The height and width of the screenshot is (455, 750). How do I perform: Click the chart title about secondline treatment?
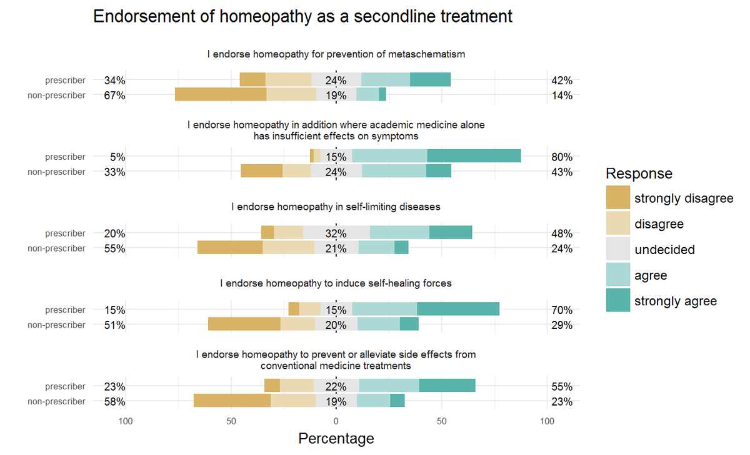302,17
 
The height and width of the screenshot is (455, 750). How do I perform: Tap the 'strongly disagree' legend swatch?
618,198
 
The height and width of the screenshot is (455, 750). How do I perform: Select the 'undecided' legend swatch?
618,250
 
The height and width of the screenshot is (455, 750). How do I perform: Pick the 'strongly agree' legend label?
675,301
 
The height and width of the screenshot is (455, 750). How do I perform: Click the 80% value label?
561,157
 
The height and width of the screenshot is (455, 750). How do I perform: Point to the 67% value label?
114,95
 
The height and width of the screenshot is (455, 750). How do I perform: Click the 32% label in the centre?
336,234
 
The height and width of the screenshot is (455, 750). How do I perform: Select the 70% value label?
561,310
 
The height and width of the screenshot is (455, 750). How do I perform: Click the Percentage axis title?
336,439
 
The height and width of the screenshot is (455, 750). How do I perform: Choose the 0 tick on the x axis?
336,421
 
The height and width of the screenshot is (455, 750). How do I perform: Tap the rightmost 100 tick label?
547,421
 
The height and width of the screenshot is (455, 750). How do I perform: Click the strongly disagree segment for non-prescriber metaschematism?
221,95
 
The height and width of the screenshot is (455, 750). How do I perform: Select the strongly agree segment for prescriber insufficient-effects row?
474,156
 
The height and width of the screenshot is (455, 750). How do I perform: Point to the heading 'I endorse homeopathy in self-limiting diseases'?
336,207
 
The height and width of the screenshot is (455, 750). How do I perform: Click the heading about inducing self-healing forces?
336,283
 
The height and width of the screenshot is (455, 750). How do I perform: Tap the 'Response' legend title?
639,174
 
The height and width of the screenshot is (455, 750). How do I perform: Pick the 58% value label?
114,402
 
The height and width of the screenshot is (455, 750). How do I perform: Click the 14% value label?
561,95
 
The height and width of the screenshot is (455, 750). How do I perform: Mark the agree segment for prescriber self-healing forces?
384,309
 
